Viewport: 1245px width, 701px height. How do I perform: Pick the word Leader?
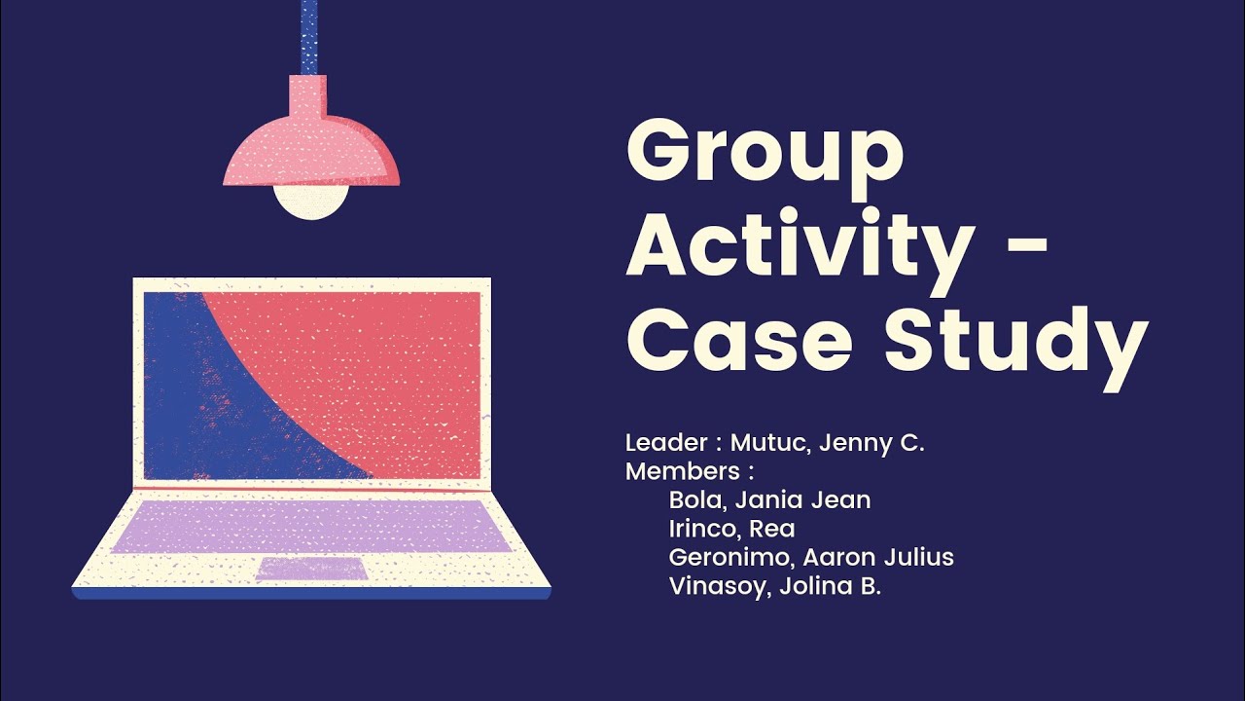pos(666,443)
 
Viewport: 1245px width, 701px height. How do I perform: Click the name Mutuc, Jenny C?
pos(827,444)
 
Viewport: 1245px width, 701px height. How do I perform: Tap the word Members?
pos(683,472)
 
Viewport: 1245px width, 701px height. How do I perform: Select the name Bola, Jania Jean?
pos(769,500)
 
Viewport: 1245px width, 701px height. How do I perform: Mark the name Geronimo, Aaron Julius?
pos(810,557)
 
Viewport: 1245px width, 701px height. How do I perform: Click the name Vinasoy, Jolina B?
pos(774,586)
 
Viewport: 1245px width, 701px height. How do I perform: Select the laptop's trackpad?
pos(311,569)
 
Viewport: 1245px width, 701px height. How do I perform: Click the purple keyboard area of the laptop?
pos(311,526)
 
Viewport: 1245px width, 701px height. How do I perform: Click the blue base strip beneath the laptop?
pos(311,593)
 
